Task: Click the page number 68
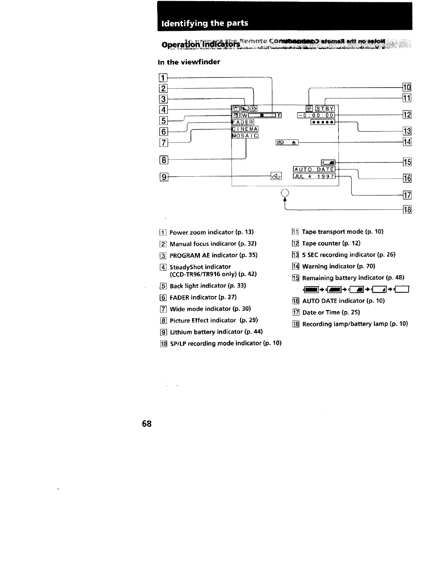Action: pos(146,424)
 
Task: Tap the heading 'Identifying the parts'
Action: pos(205,23)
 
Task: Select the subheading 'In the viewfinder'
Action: pos(189,62)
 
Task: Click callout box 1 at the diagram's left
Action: pos(163,78)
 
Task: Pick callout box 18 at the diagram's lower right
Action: pos(407,210)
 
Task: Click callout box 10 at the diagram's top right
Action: pos(407,87)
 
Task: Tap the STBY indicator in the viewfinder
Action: pos(325,108)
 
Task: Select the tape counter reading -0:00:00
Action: pos(316,115)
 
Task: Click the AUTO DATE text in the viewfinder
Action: pos(314,169)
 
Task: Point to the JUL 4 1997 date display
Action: pos(314,176)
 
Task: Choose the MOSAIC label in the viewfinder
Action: pos(245,136)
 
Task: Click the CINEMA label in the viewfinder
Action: pos(245,129)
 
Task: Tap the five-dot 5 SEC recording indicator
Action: pos(323,122)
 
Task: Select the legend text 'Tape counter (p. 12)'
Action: pos(331,243)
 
